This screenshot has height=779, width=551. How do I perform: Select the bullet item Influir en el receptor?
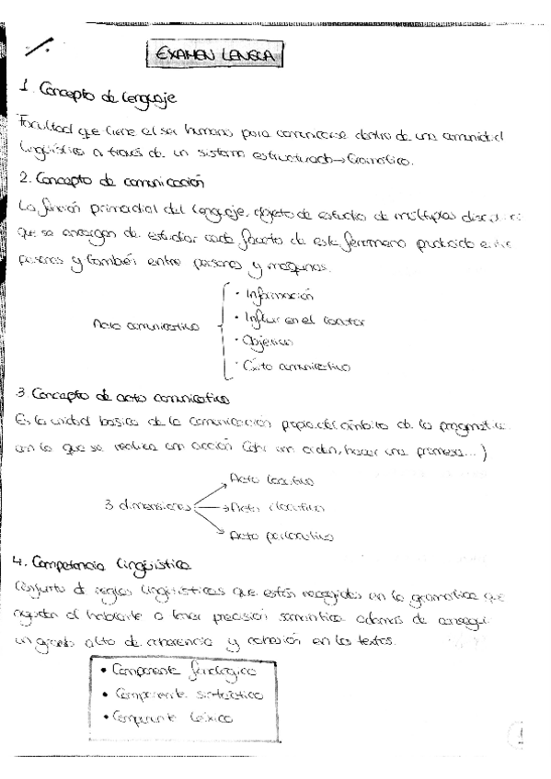[x=303, y=320]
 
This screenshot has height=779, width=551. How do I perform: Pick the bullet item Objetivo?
[x=266, y=343]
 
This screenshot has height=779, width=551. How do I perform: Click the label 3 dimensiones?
[x=147, y=506]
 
